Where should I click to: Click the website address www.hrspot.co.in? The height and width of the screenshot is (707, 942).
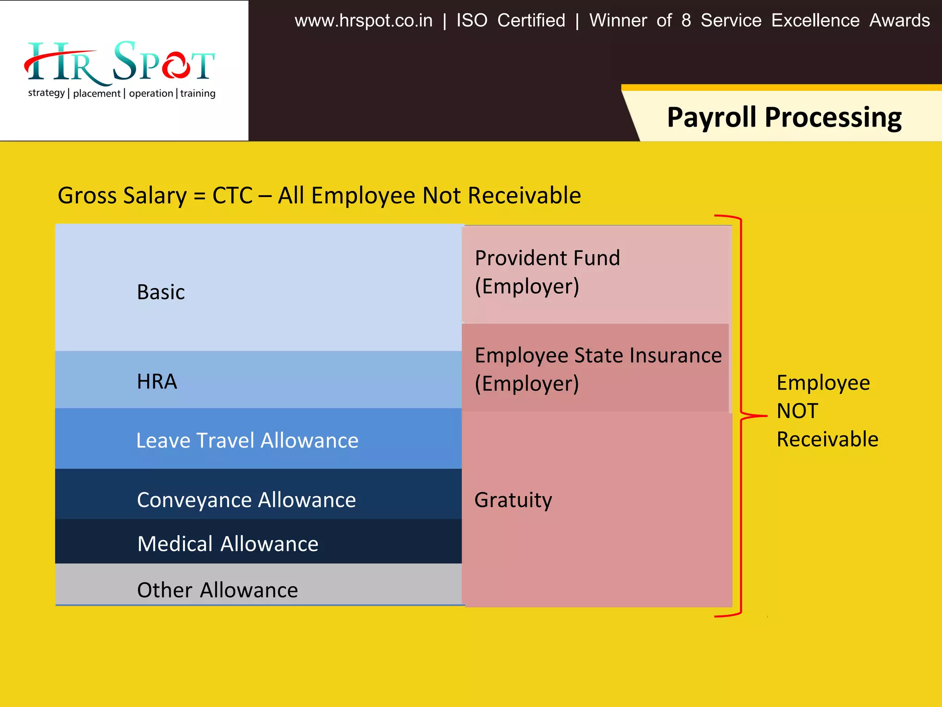click(x=363, y=21)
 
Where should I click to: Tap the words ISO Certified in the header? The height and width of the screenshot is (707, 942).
click(x=511, y=21)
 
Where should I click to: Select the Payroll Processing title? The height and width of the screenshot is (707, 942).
click(x=784, y=117)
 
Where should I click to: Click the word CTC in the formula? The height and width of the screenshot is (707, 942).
click(x=232, y=196)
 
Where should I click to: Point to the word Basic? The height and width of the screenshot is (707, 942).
click(x=161, y=292)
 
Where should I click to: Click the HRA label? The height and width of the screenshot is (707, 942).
click(x=157, y=382)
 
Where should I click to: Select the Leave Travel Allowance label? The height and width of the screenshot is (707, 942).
click(x=247, y=440)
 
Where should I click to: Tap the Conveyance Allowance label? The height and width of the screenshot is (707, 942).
click(x=247, y=500)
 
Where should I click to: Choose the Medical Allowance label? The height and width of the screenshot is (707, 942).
click(x=228, y=544)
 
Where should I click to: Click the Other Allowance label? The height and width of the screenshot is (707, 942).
click(x=218, y=590)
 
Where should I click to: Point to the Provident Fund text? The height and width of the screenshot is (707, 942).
click(x=547, y=258)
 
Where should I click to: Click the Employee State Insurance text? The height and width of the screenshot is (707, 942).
click(x=598, y=355)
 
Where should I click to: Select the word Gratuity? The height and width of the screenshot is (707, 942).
click(x=513, y=500)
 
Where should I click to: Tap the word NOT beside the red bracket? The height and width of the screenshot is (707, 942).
click(x=798, y=411)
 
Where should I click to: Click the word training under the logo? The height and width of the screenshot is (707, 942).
click(x=198, y=93)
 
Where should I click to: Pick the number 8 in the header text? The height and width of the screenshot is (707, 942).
click(x=686, y=21)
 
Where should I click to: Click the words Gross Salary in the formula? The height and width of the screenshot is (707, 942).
click(x=122, y=196)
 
